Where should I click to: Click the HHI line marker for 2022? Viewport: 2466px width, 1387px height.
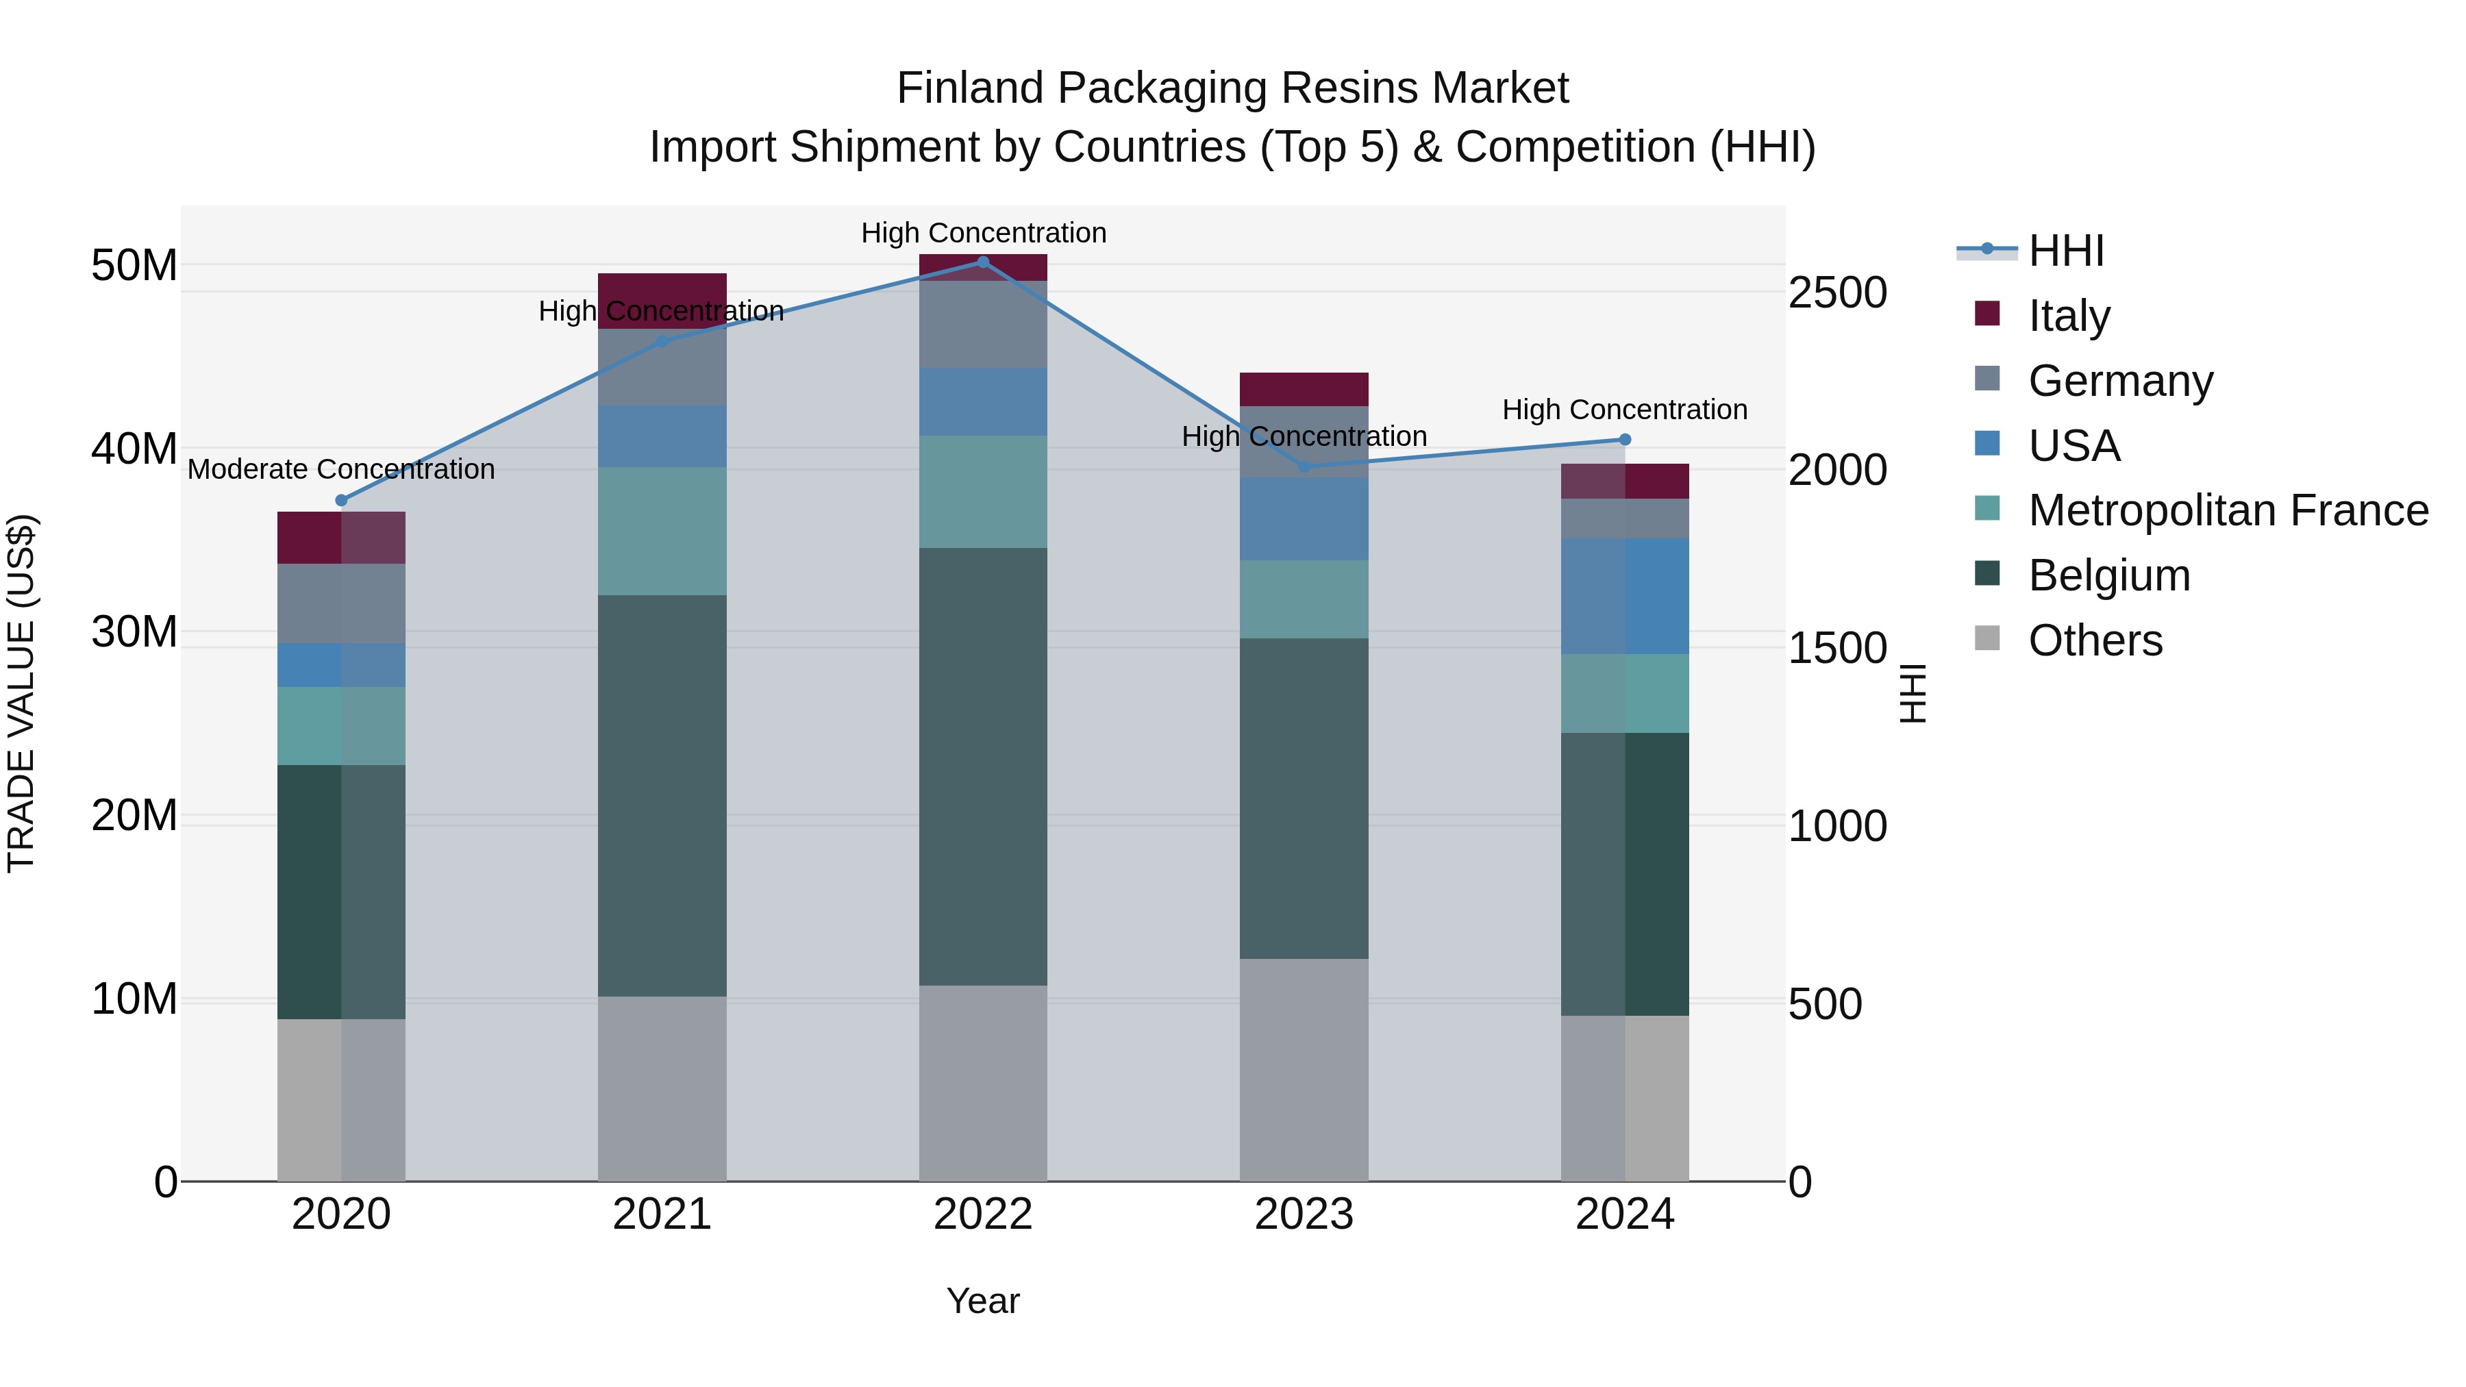983,262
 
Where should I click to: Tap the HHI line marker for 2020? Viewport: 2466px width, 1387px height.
342,501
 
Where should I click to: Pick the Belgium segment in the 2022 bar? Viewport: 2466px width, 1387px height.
983,766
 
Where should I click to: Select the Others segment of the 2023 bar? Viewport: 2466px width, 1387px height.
1304,1070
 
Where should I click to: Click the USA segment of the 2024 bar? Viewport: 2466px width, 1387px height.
1625,597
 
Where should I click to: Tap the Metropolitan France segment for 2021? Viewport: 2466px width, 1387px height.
662,532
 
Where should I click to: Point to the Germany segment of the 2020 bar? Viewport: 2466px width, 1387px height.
342,604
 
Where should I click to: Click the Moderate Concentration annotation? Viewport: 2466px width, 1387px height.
342,470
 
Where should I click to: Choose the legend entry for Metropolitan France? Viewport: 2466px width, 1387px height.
2228,510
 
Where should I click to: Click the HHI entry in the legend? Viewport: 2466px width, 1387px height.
2066,251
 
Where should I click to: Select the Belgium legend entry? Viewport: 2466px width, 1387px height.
2109,575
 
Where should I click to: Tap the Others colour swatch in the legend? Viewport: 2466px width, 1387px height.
1987,638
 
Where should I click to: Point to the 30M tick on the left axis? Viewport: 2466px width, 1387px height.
134,632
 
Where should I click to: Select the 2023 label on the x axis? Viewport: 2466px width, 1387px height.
1304,1214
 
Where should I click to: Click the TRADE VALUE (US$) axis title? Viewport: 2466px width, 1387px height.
21,694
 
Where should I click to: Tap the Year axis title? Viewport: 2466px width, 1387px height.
983,1301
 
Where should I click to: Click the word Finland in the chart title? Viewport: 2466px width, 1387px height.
970,88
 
